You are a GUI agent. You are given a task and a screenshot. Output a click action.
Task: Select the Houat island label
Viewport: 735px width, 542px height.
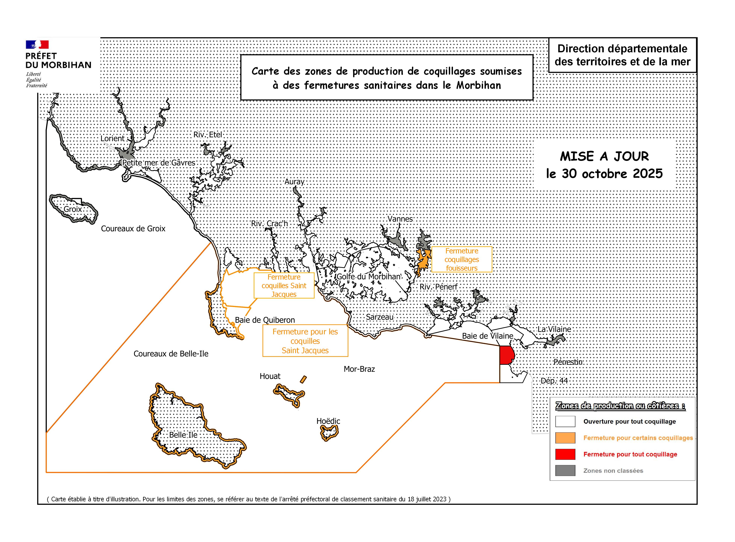(x=270, y=376)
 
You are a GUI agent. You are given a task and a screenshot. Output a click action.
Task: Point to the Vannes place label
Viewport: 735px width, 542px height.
(x=400, y=219)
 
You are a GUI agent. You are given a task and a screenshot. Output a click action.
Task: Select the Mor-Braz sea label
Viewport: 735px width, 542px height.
(x=359, y=369)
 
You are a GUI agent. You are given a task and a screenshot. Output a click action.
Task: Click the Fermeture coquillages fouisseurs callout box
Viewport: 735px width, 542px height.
(x=462, y=259)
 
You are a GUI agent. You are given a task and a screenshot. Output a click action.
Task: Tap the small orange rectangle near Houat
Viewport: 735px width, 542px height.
(x=303, y=379)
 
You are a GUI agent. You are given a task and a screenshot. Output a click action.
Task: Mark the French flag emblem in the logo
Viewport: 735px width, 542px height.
(x=37, y=45)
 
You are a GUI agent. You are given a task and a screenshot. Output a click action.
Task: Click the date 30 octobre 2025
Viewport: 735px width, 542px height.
(x=604, y=174)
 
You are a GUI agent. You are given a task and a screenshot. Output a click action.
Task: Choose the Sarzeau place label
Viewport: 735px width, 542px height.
(x=380, y=317)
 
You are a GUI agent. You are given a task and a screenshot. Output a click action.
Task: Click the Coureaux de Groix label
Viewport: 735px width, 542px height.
(x=133, y=229)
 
